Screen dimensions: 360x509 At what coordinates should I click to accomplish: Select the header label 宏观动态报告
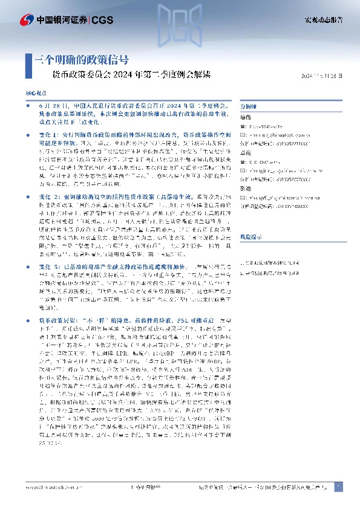click(x=323, y=20)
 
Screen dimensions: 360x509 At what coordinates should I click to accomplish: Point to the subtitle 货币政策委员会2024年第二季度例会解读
click(x=133, y=76)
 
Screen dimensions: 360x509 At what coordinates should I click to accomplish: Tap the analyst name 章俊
click(x=245, y=117)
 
